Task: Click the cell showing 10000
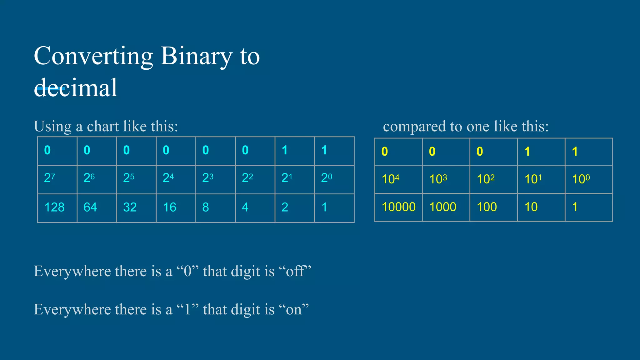(x=398, y=207)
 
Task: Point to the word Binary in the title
(x=197, y=57)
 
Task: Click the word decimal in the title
(x=76, y=88)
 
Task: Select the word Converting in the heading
(x=93, y=57)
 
